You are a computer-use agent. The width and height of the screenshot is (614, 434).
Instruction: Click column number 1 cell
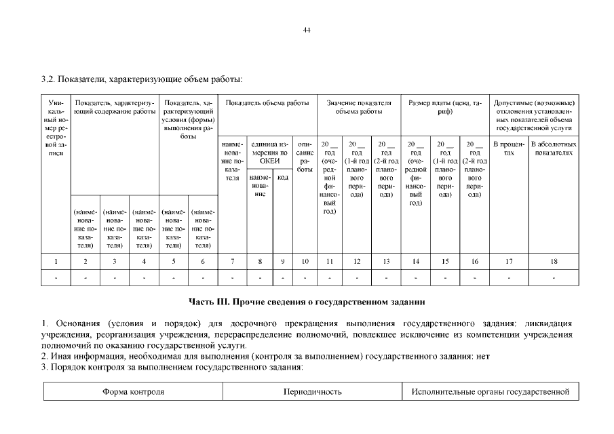56,261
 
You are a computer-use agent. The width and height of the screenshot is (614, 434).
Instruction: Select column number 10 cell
305,261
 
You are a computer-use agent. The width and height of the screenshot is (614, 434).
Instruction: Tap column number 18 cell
554,261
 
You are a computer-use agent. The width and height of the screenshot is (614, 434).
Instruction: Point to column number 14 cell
416,261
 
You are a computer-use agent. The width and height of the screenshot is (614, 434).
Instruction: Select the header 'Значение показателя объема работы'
359,107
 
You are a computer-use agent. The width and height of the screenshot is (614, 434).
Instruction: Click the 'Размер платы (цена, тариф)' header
445,107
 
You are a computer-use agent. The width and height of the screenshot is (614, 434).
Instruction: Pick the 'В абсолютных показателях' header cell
554,149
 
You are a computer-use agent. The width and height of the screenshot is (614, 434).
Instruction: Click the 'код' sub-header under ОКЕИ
283,177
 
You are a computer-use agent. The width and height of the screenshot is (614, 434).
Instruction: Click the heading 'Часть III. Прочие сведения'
307,300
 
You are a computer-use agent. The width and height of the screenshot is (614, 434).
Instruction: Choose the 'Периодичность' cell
312,392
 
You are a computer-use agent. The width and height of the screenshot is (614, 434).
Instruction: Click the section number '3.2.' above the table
48,79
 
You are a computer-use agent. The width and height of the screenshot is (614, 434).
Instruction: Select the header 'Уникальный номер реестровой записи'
56,129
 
